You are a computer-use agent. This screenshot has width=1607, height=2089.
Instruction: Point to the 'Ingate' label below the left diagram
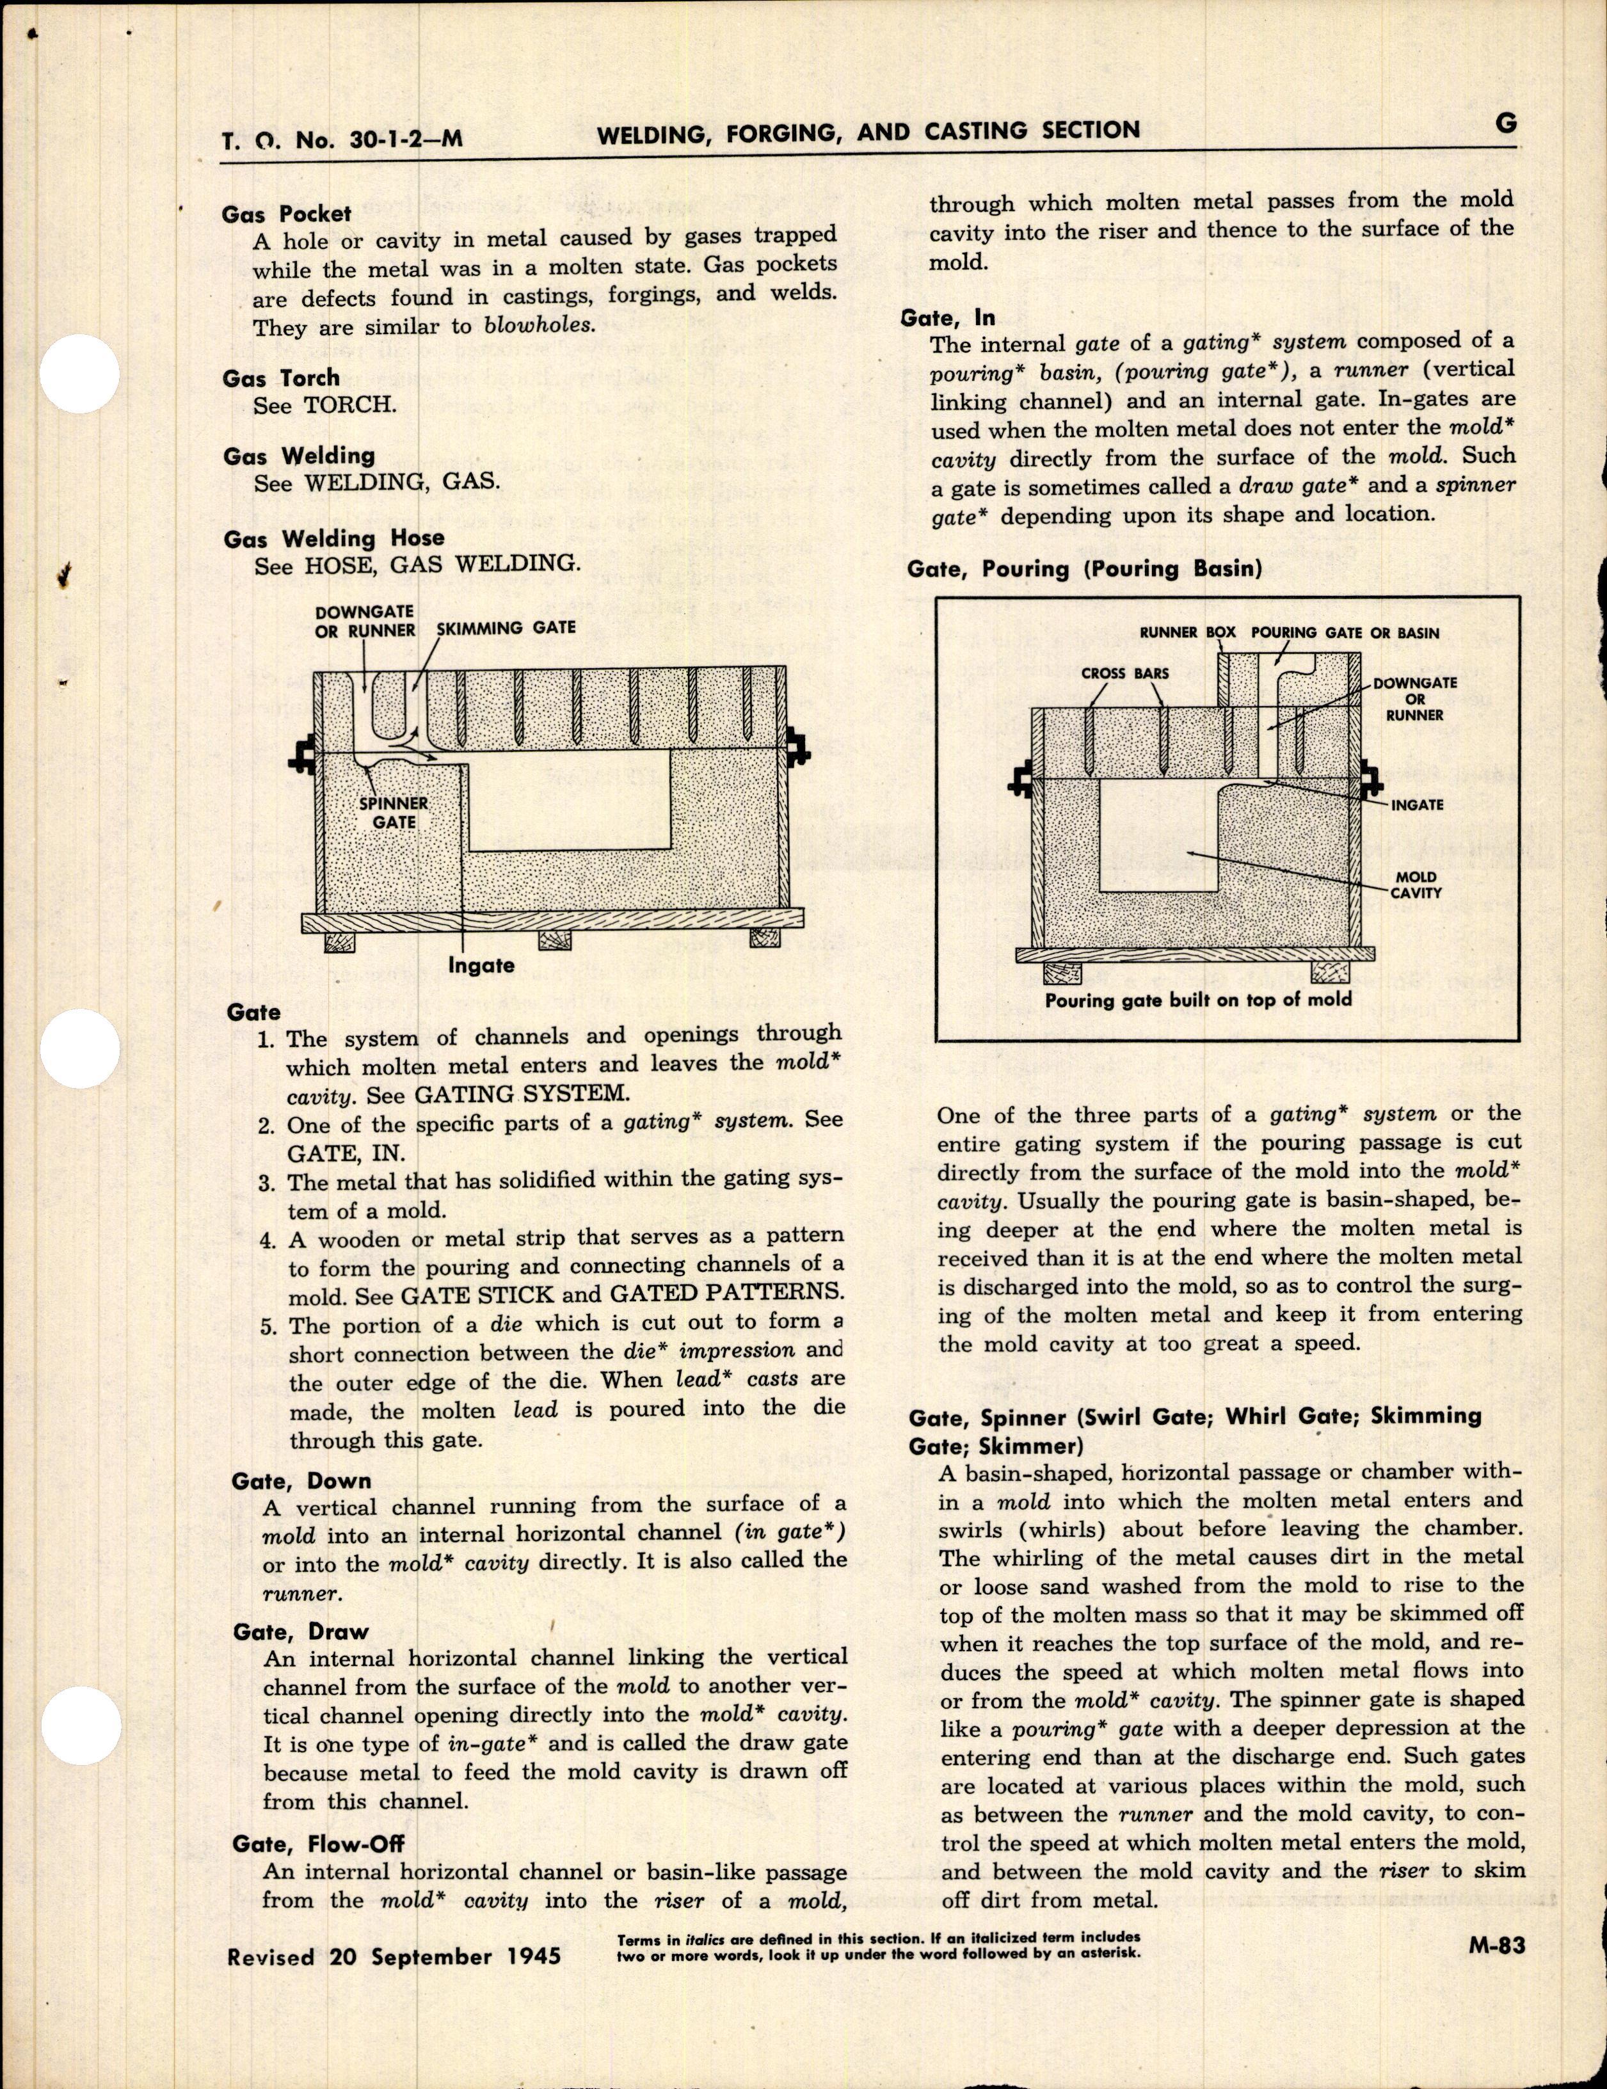pyautogui.click(x=481, y=965)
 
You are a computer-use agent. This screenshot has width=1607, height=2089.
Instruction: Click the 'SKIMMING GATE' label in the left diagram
pyautogui.click(x=506, y=627)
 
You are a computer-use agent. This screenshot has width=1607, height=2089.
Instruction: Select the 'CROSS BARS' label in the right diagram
pyautogui.click(x=1125, y=673)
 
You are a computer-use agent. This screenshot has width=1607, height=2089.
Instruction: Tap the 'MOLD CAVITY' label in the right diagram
pyautogui.click(x=1416, y=884)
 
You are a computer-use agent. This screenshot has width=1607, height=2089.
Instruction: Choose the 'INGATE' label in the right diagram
pyautogui.click(x=1417, y=804)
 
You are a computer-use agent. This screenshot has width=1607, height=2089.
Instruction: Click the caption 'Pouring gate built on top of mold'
pyautogui.click(x=1197, y=1000)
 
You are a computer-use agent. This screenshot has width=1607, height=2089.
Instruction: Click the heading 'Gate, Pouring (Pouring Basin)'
pyautogui.click(x=1083, y=569)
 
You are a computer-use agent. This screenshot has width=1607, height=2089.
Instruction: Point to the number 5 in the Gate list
pyautogui.click(x=267, y=1327)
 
